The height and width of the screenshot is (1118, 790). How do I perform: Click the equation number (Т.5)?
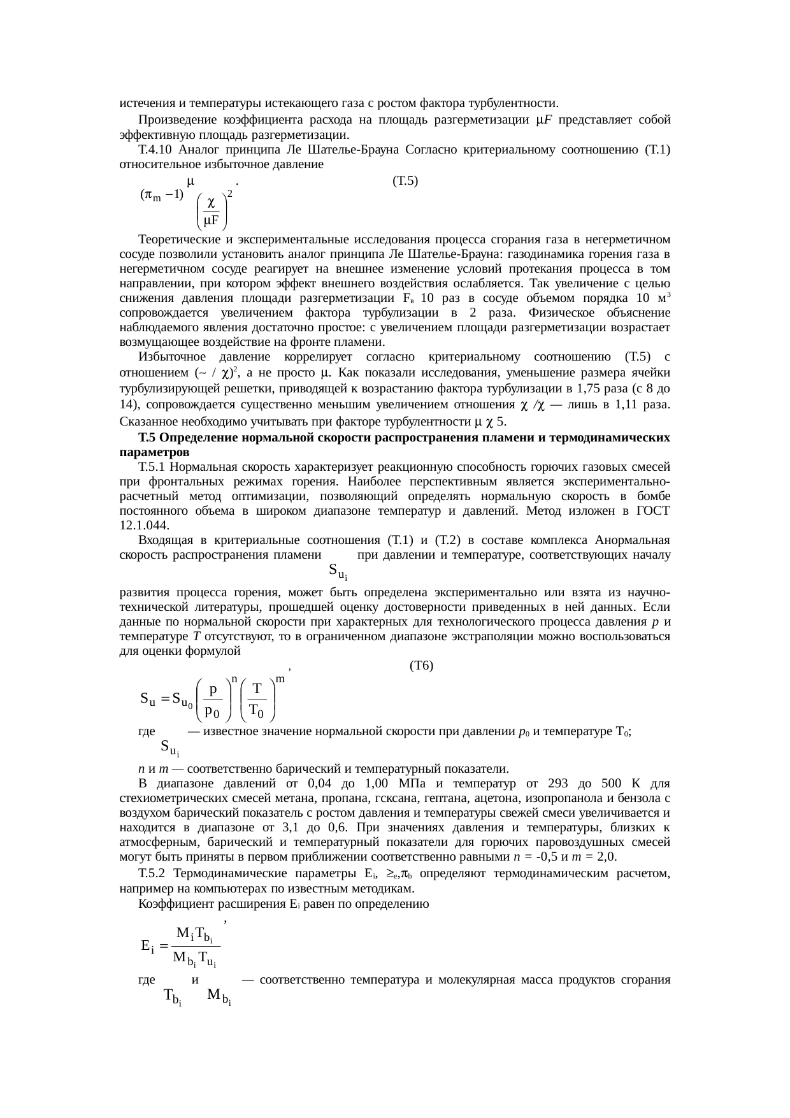[x=405, y=180]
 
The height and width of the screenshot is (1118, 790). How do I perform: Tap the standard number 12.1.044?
[x=144, y=525]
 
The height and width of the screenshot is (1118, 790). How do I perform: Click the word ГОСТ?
[x=652, y=510]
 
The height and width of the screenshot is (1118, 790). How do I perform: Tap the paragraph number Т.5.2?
[x=154, y=872]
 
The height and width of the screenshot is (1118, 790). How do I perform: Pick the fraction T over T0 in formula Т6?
[x=257, y=699]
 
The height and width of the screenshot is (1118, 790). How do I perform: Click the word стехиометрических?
[x=166, y=798]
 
